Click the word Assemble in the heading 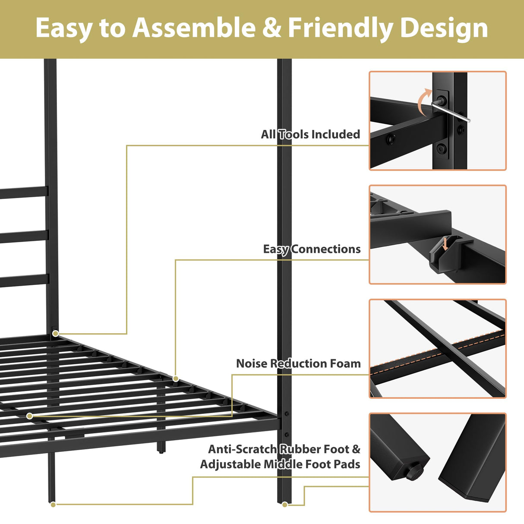194,28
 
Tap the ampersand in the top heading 271,28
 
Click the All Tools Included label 310,134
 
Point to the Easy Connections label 312,249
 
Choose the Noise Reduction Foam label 298,363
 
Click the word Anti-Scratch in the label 243,449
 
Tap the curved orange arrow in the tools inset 424,100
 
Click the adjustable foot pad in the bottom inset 413,470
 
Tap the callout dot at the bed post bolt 56,333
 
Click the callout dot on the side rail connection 176,379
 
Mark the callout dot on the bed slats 29,416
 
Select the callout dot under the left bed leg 53,504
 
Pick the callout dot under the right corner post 285,504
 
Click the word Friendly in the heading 341,28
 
